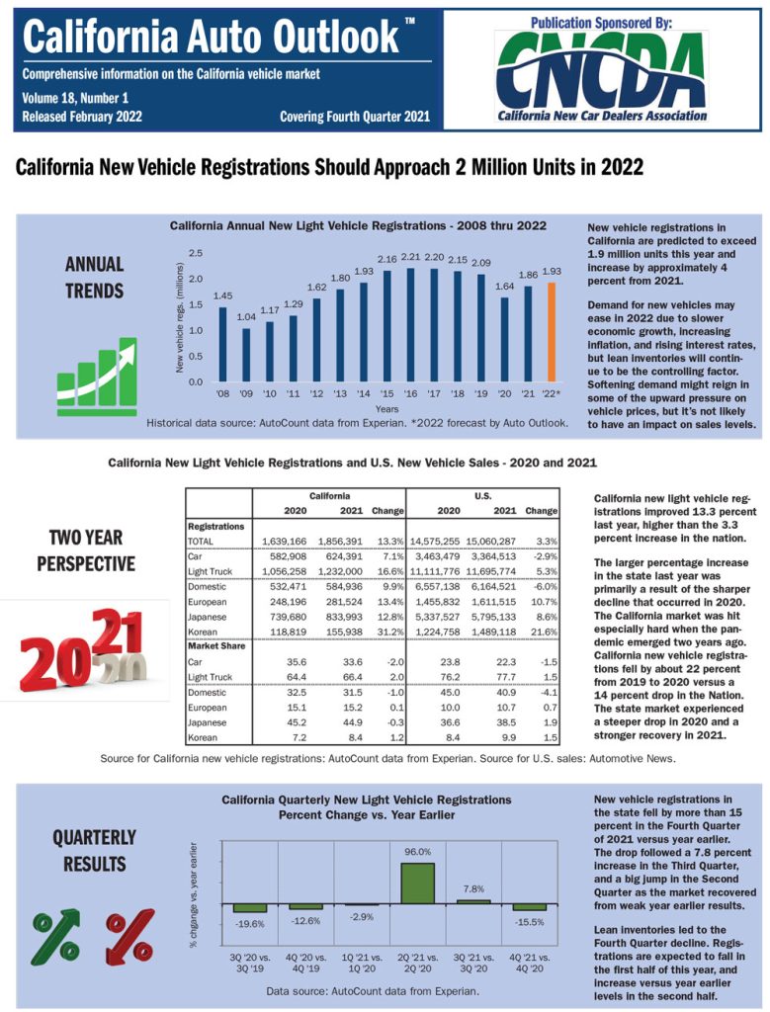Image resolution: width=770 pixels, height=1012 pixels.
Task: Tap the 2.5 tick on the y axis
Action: (196, 254)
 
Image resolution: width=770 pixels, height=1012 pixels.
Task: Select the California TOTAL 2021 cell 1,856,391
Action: (337, 541)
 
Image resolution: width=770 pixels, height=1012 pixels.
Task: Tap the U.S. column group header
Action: (483, 495)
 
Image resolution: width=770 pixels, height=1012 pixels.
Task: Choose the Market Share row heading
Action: (217, 647)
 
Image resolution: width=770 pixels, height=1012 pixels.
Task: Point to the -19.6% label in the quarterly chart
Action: (250, 923)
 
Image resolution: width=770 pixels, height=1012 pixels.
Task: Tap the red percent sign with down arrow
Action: (130, 936)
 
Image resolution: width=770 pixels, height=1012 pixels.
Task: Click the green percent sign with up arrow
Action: (56, 936)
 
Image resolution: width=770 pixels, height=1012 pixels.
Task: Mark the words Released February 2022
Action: (82, 117)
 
